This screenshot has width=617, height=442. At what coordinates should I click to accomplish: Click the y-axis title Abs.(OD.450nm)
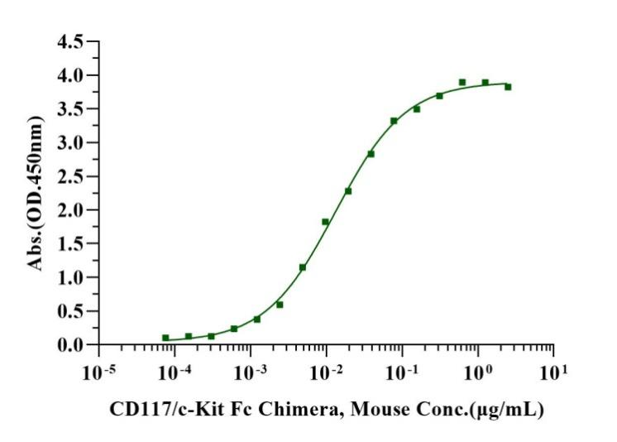pos(36,193)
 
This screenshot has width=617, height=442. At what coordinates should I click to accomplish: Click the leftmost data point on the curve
pos(165,338)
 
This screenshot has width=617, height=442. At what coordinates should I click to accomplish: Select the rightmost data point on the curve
pos(508,87)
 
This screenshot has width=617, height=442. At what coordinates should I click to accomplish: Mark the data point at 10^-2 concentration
pos(326,222)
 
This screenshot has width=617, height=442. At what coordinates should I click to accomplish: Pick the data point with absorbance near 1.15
pos(303,267)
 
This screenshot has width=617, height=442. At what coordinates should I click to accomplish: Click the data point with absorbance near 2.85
pos(371,154)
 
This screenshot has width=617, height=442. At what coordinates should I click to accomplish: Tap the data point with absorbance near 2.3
pos(348,191)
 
